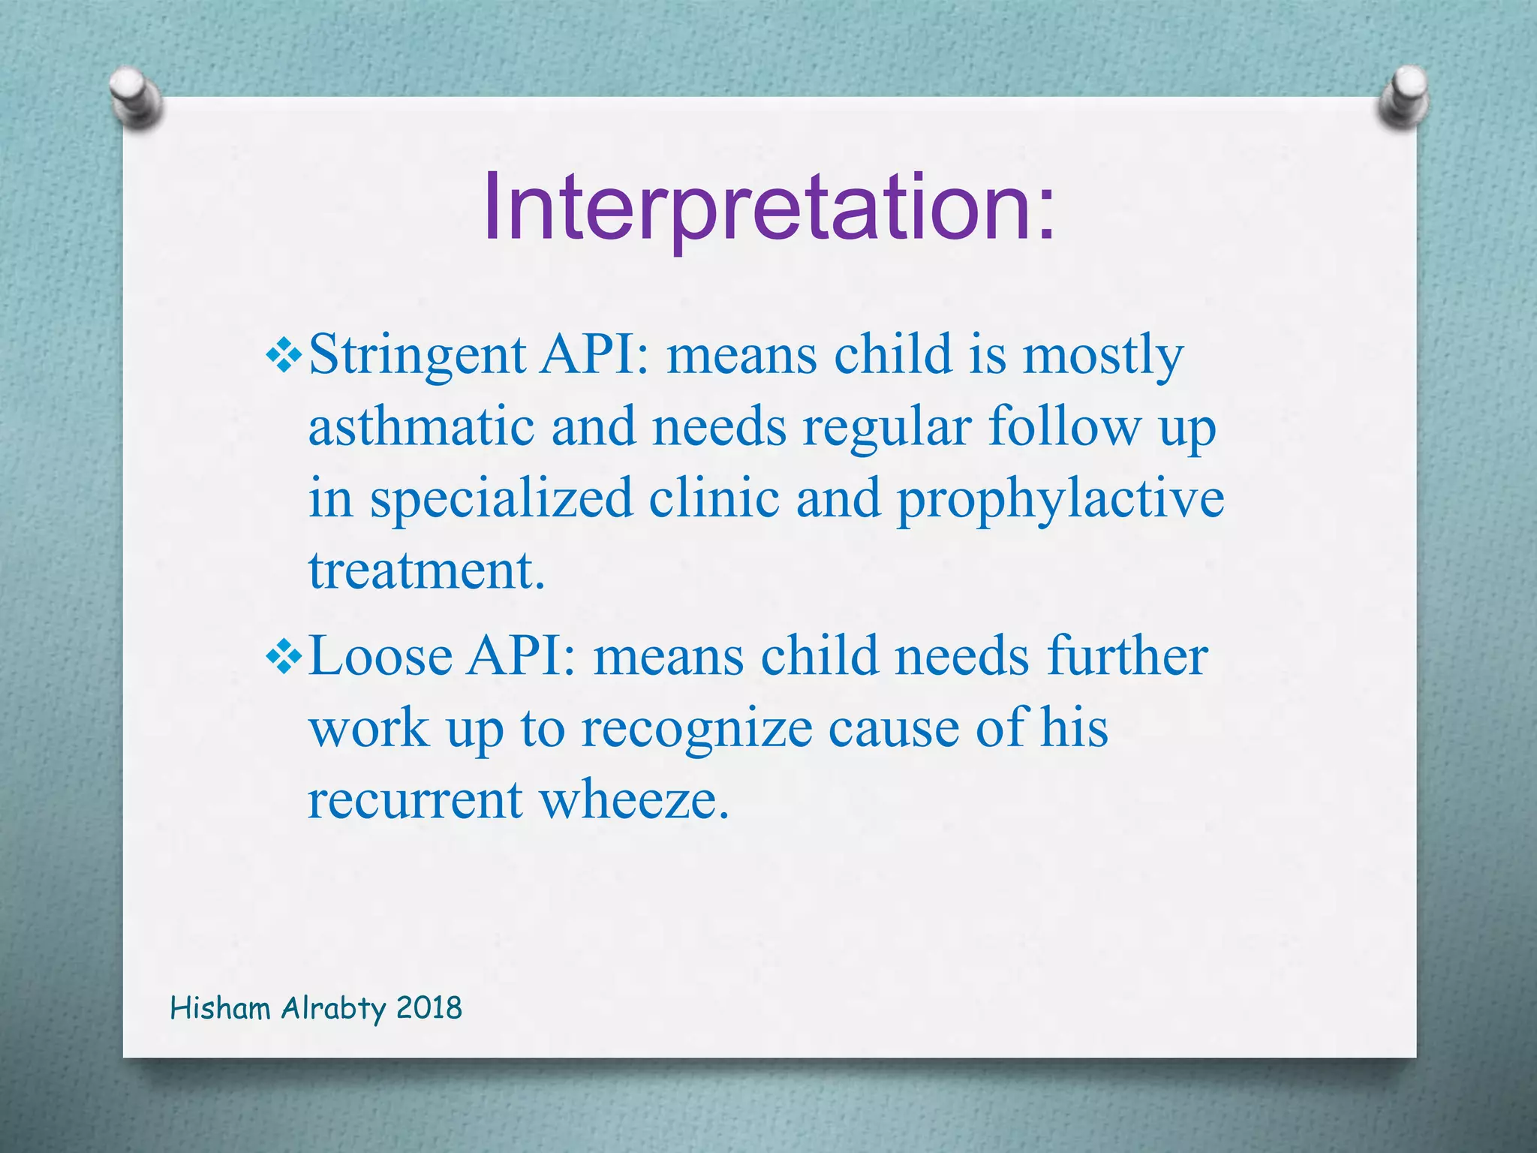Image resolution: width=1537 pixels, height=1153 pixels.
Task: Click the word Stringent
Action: pos(417,355)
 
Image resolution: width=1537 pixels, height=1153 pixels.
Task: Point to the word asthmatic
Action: pos(421,426)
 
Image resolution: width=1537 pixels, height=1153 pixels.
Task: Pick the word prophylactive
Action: pos(1060,499)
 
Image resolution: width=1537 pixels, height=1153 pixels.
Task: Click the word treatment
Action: pos(426,570)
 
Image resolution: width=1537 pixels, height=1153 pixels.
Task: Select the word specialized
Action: pos(501,499)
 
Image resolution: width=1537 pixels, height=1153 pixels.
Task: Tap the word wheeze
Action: pos(634,799)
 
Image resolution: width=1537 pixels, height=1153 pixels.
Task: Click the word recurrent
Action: pos(415,799)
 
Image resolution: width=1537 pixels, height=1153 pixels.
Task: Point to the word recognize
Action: pos(697,728)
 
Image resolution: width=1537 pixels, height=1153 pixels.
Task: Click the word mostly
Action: pos(1103,355)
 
